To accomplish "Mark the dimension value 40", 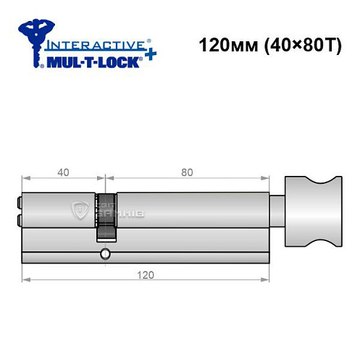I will pyautogui.click(x=64, y=172).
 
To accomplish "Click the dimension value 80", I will pyautogui.click(x=187, y=172).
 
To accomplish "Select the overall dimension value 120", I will pyautogui.click(x=146, y=274).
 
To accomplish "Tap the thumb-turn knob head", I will pyautogui.click(x=313, y=211).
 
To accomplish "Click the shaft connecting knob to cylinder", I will pyautogui.click(x=278, y=211).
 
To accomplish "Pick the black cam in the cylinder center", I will pyautogui.click(x=106, y=217).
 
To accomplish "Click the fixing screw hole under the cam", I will pyautogui.click(x=106, y=253).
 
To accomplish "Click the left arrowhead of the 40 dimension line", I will pyautogui.click(x=25, y=178).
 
